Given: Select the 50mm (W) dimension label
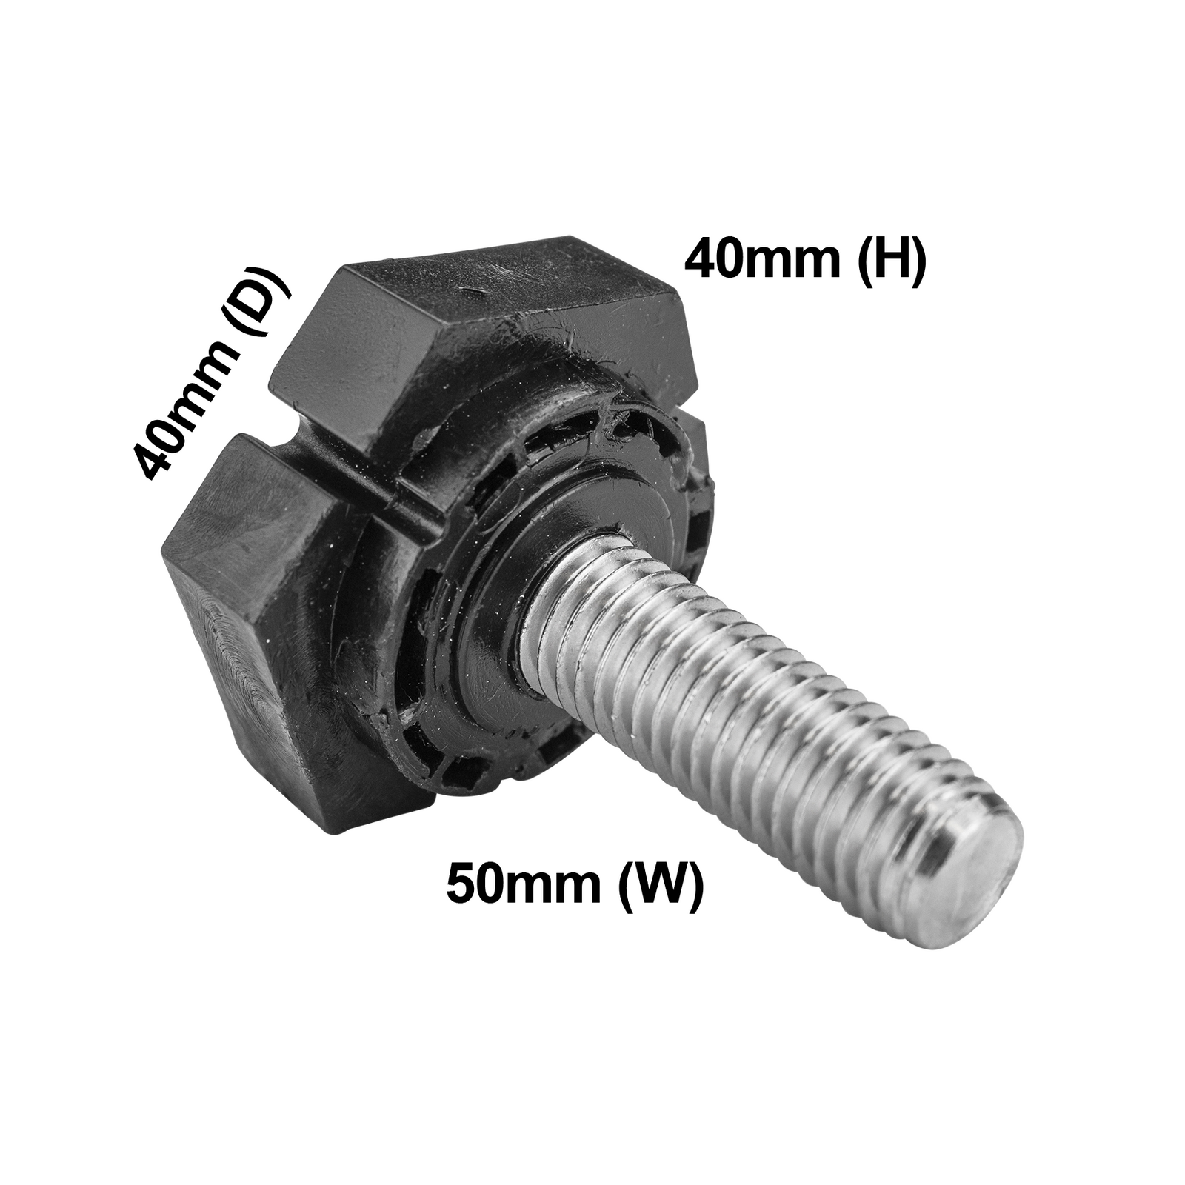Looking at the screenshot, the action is click(575, 884).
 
